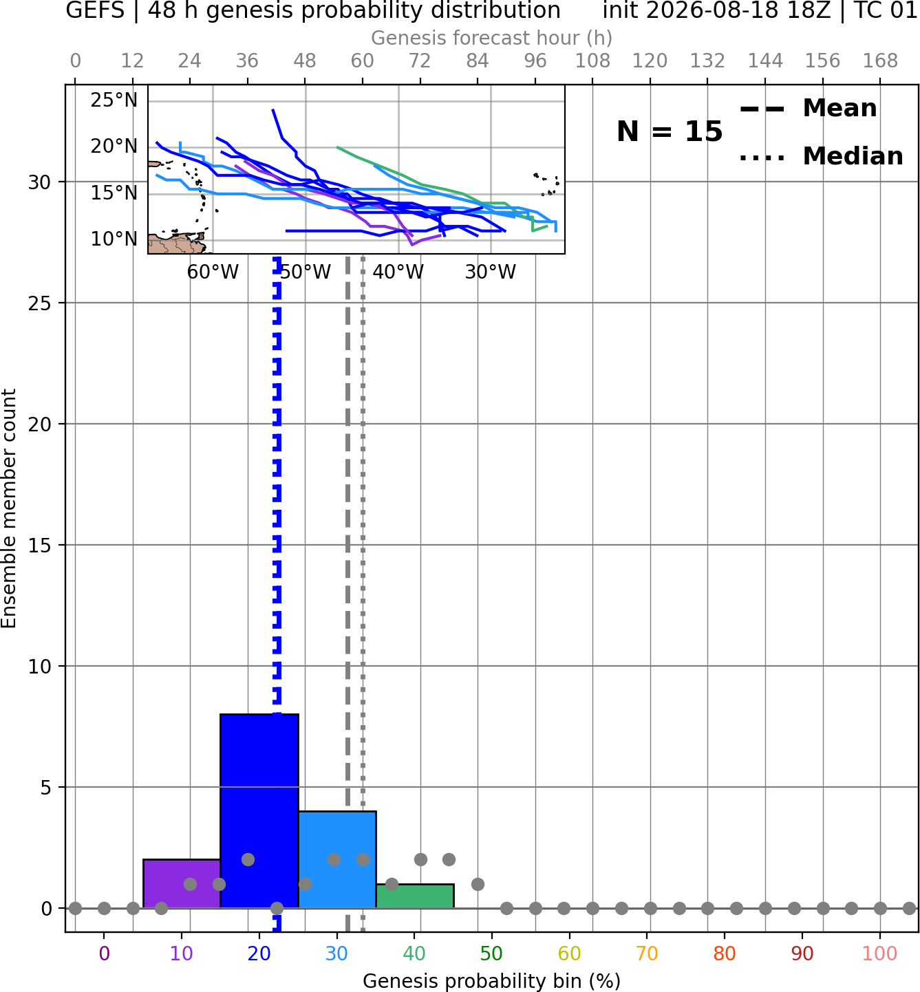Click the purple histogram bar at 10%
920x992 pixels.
point(182,883)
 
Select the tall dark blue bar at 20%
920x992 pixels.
point(259,811)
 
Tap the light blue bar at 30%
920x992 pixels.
point(336,860)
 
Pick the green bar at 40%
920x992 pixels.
point(415,896)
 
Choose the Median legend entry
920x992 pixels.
point(821,156)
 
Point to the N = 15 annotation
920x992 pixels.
point(670,131)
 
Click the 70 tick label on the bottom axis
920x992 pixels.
point(647,953)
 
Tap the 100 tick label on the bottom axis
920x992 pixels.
point(879,953)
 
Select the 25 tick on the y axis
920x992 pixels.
point(40,303)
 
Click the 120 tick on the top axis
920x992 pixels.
point(650,61)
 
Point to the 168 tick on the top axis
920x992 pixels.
point(880,61)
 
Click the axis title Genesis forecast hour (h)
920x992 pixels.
point(491,38)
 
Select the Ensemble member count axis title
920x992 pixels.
point(8,508)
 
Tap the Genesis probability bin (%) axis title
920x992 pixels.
point(491,981)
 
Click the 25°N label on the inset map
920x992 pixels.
point(114,100)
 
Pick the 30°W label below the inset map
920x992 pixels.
point(490,272)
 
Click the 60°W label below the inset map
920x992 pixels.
point(213,272)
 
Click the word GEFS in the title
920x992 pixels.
point(95,10)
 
